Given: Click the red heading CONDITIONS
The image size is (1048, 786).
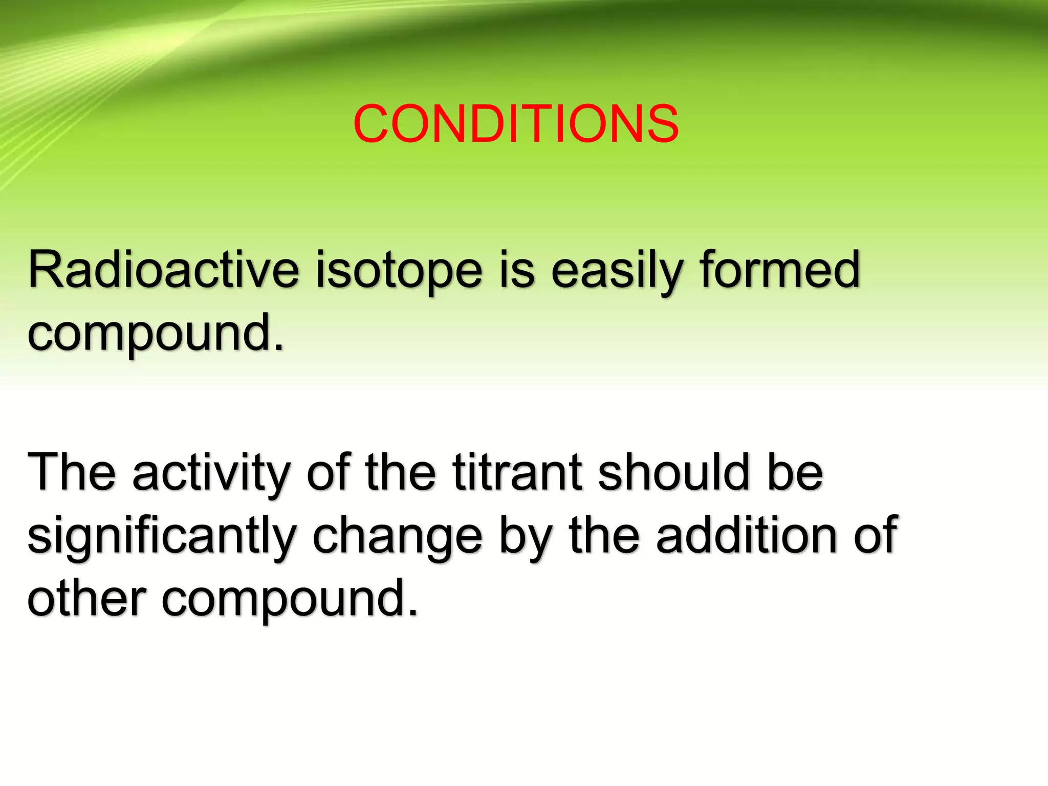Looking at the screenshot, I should point(516,124).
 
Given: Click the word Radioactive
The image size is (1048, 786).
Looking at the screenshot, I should point(163,270).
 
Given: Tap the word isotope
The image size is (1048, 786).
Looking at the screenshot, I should point(399,271).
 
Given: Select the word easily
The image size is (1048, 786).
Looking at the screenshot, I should point(617,271).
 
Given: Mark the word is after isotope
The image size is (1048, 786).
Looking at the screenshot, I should point(517,270).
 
